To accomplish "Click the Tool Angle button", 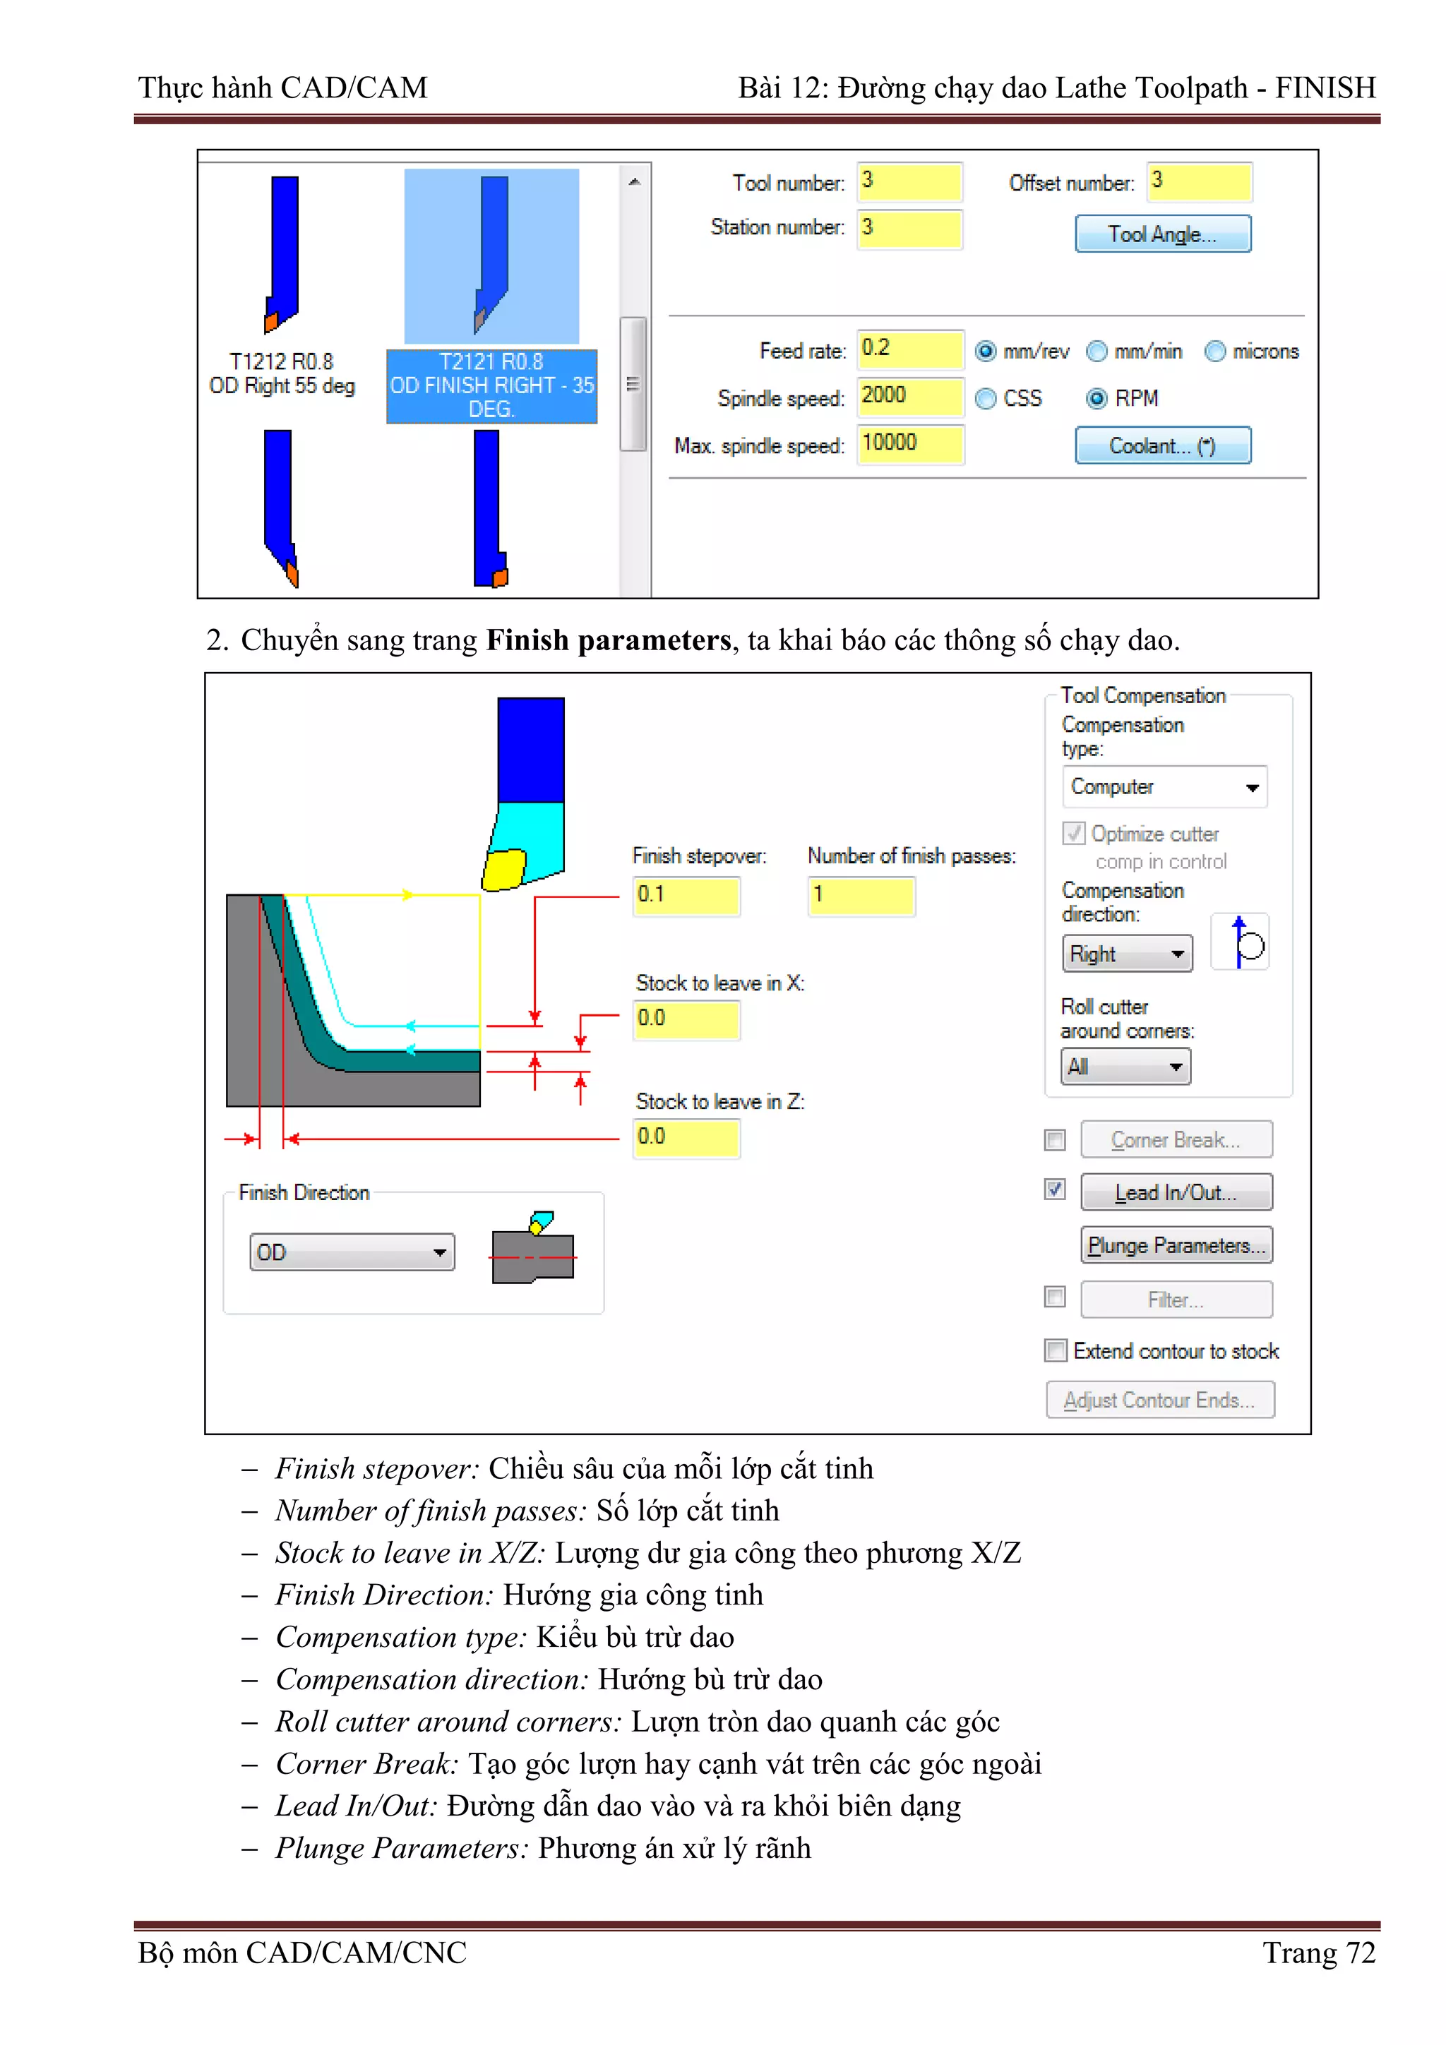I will pyautogui.click(x=1161, y=234).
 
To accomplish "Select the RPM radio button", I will pyautogui.click(x=1097, y=398).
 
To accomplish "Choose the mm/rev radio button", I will pyautogui.click(x=986, y=352).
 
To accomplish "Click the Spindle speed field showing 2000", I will pyautogui.click(x=909, y=396).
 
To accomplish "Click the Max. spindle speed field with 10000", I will pyautogui.click(x=909, y=443).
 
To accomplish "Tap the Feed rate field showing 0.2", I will pyautogui.click(x=909, y=349).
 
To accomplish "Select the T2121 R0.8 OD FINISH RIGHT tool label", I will pyautogui.click(x=491, y=385).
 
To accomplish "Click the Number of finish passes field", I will pyautogui.click(x=861, y=895).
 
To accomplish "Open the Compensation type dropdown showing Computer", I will pyautogui.click(x=1164, y=787).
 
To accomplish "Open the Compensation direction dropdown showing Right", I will pyautogui.click(x=1127, y=954).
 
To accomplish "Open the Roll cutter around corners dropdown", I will pyautogui.click(x=1125, y=1067).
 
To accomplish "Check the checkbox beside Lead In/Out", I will pyautogui.click(x=1055, y=1190).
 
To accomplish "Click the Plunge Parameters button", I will pyautogui.click(x=1176, y=1245).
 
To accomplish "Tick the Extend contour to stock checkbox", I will pyautogui.click(x=1056, y=1351).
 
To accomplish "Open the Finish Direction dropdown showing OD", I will pyautogui.click(x=352, y=1252).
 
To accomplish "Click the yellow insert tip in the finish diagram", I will pyautogui.click(x=504, y=869).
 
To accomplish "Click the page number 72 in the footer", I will pyautogui.click(x=1361, y=1953).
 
